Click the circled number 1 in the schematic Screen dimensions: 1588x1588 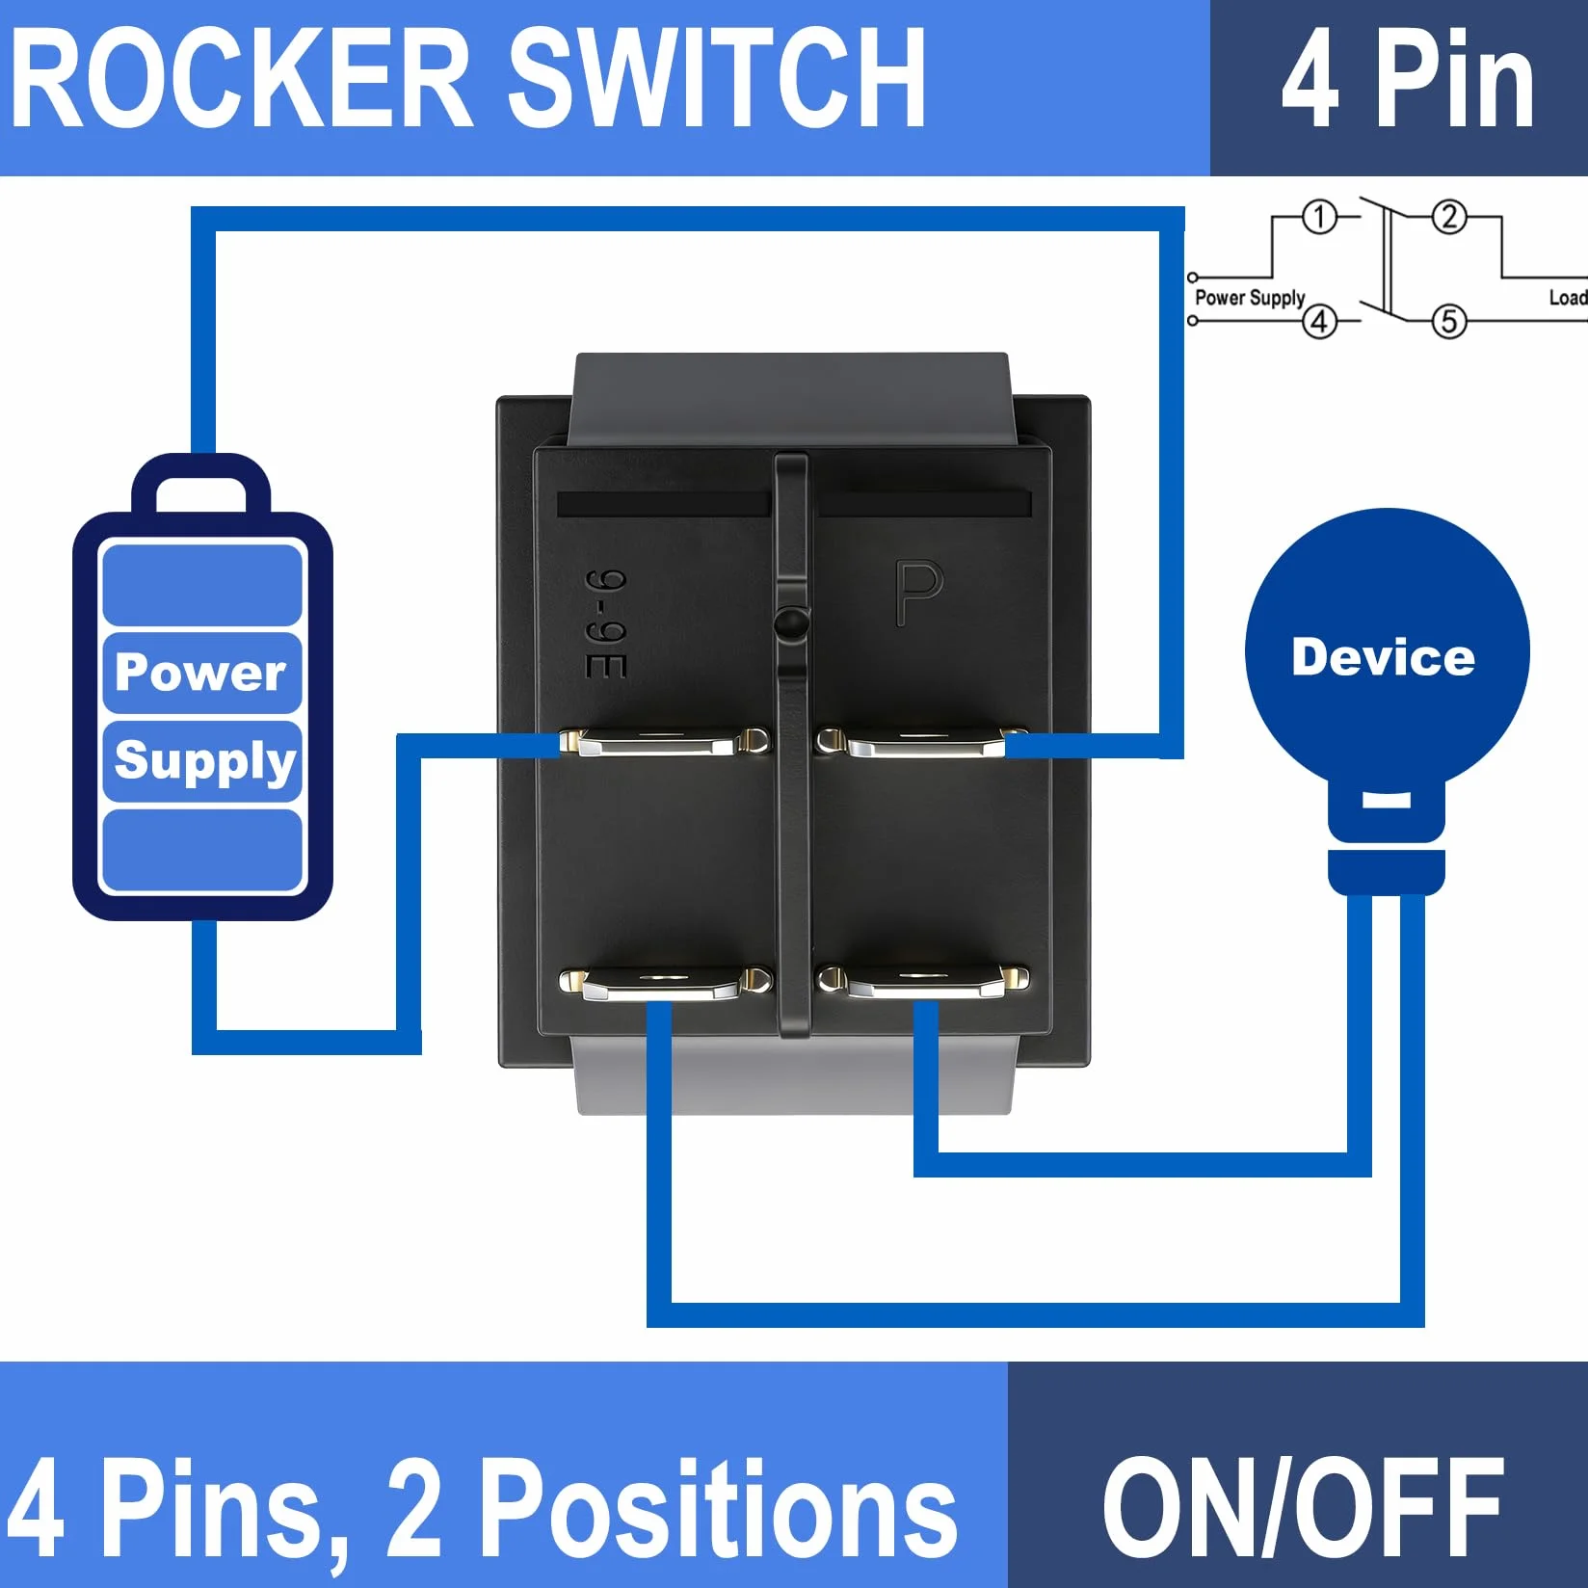1320,217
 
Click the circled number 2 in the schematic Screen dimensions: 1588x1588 1449,217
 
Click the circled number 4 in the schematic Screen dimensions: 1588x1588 1320,321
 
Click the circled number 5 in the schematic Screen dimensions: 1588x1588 1449,321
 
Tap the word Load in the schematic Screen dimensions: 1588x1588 1568,298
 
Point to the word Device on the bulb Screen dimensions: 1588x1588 1383,657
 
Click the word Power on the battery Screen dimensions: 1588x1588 200,671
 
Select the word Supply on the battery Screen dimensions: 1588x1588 204,761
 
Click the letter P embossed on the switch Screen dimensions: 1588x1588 918,593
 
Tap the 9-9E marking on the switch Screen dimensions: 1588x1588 607,624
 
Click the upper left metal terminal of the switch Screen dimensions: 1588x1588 665,743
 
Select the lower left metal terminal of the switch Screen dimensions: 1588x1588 666,983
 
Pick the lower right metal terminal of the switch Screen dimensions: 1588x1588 922,981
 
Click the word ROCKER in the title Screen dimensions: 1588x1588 241,78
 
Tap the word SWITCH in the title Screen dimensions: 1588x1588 716,78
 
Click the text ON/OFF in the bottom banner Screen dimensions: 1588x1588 1303,1508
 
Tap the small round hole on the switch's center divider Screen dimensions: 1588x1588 791,622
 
